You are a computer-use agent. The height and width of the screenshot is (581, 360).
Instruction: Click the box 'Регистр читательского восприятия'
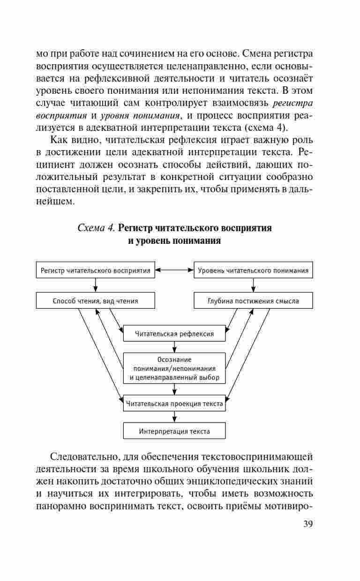tap(96, 271)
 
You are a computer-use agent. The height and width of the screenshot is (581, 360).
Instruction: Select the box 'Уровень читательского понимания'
tap(253, 271)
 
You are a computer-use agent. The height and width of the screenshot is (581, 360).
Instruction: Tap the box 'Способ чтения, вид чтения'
tap(96, 301)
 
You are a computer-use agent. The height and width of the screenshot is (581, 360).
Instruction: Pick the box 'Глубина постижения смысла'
tap(253, 301)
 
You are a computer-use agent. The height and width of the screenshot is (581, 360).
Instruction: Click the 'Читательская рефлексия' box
tap(174, 334)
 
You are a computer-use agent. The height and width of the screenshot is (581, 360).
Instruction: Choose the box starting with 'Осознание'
tap(174, 368)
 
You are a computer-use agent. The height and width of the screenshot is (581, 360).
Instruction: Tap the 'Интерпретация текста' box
tap(174, 431)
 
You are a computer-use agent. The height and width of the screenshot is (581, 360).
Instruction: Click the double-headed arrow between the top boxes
tap(174, 270)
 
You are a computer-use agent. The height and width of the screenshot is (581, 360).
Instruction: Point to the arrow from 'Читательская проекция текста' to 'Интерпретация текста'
tap(174, 417)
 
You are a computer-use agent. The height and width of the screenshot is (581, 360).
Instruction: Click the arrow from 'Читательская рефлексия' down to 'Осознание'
tap(174, 347)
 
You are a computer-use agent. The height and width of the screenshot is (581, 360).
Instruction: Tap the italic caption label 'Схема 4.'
tap(96, 228)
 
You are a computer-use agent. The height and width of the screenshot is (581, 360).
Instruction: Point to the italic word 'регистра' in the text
tap(292, 102)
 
